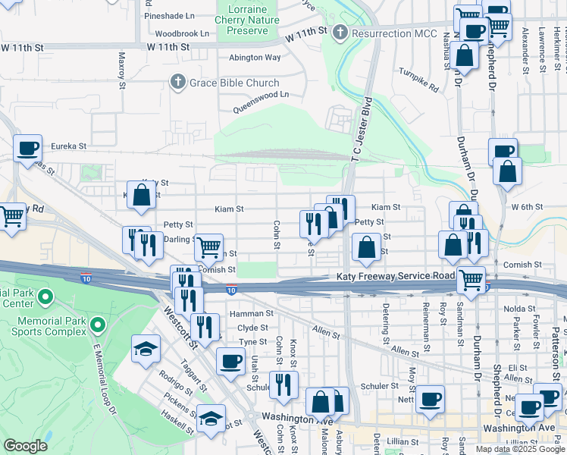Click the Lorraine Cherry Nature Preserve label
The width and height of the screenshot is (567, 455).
click(247, 20)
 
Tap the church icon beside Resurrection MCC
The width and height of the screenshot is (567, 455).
click(340, 33)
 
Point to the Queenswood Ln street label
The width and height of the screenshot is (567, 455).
click(261, 102)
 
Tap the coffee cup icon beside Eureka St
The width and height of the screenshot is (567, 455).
click(28, 147)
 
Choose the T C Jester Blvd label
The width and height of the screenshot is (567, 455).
click(359, 128)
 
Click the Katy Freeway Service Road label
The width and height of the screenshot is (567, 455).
click(396, 278)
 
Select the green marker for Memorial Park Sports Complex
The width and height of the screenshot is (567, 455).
click(97, 325)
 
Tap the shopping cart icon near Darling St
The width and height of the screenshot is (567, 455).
click(208, 246)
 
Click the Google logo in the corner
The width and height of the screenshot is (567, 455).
click(25, 446)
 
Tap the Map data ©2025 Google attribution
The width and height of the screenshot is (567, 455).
click(519, 448)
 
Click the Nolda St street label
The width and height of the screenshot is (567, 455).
click(521, 309)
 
